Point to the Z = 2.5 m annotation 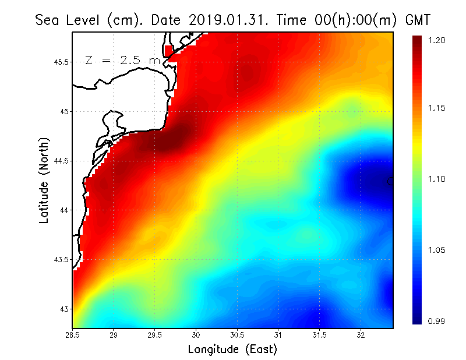click(x=122, y=60)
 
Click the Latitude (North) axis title click(x=44, y=181)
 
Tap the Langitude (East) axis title click(x=232, y=350)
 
